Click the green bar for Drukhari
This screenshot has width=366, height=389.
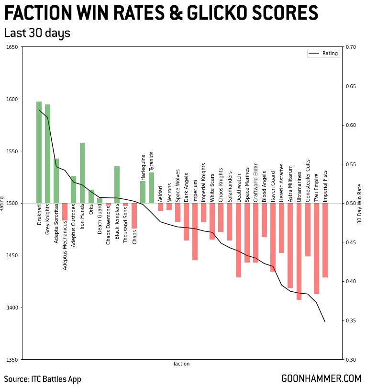coord(39,152)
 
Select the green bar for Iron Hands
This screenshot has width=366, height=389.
coord(82,173)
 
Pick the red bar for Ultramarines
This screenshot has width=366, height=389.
coord(299,252)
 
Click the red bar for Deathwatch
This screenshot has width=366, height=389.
coord(238,240)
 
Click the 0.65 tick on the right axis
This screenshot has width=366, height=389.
coord(351,86)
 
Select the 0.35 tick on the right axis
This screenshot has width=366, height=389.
coord(351,320)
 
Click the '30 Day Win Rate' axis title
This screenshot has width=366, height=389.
coord(360,203)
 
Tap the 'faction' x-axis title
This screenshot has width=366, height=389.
coord(182,364)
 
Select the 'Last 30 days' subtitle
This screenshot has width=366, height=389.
coord(37,33)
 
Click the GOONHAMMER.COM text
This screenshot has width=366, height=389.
coord(321,378)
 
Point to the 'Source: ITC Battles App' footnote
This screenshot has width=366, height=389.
coord(43,378)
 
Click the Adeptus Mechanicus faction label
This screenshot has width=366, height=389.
coord(65,237)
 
